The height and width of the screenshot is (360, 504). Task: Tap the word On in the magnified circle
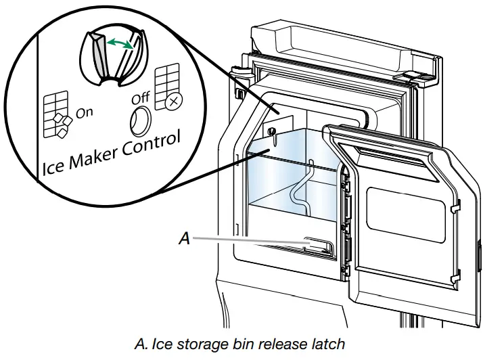click(85, 112)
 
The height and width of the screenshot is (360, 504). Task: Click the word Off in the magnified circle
click(140, 99)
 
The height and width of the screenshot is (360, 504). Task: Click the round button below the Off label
click(140, 121)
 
